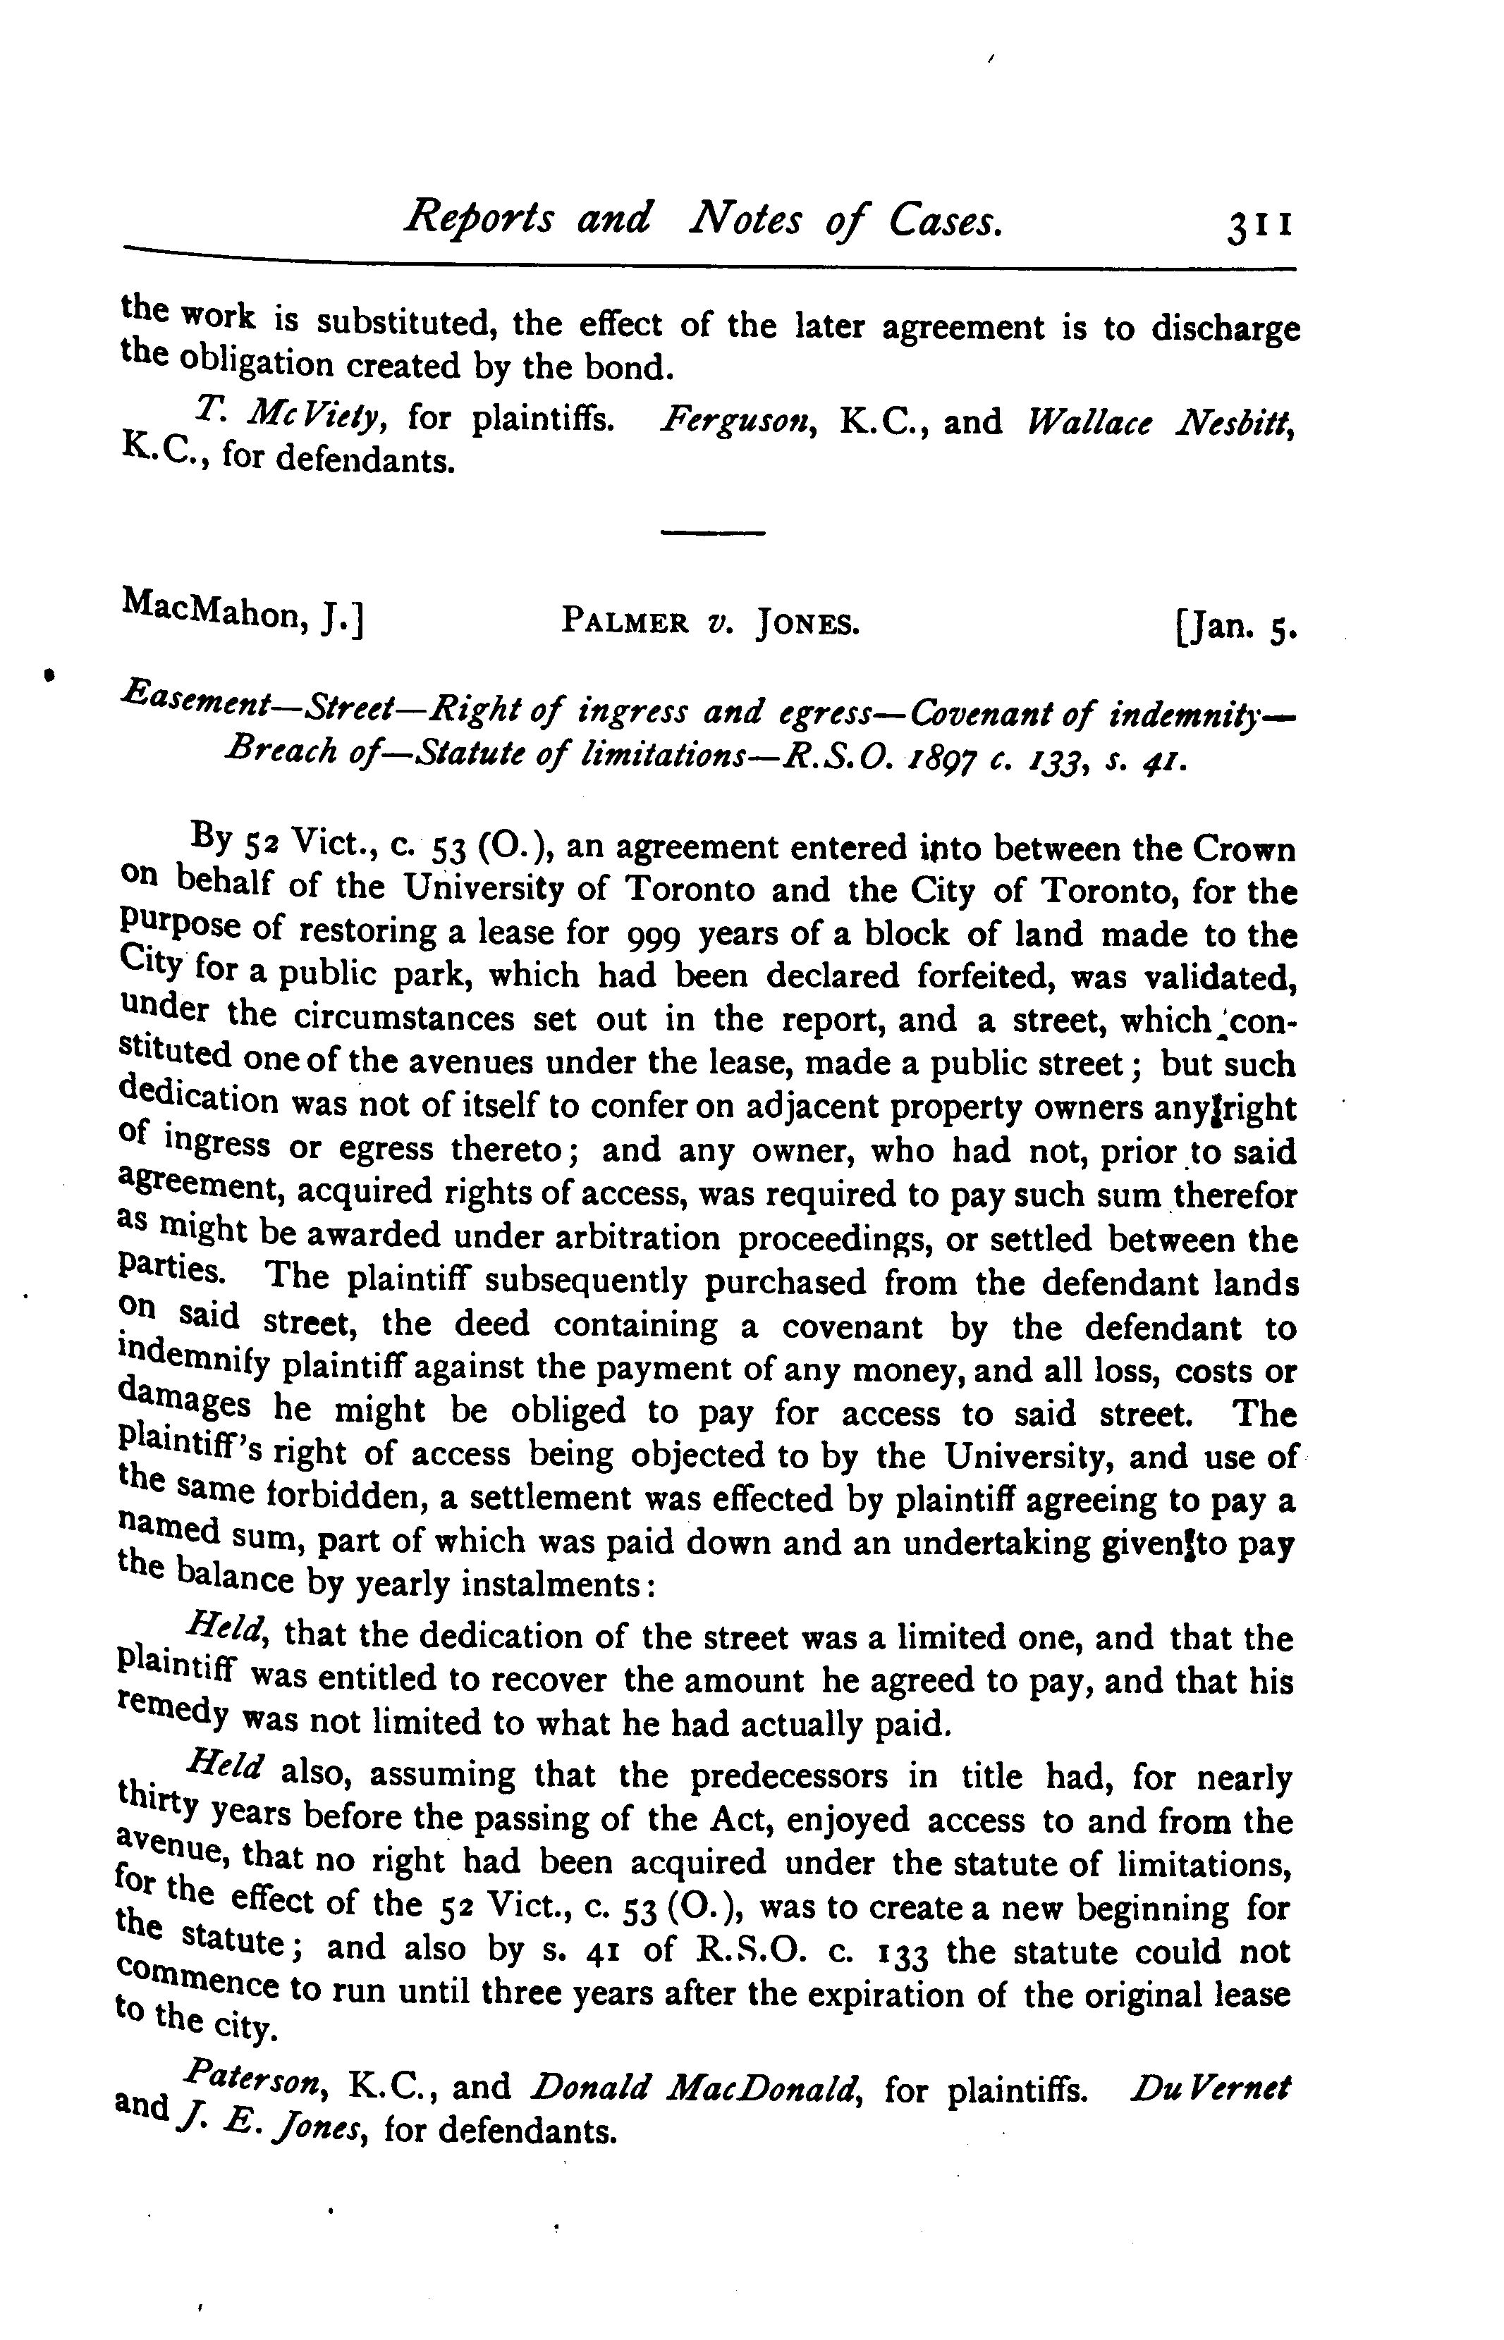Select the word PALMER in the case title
point(624,621)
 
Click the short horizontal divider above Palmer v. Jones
point(712,533)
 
